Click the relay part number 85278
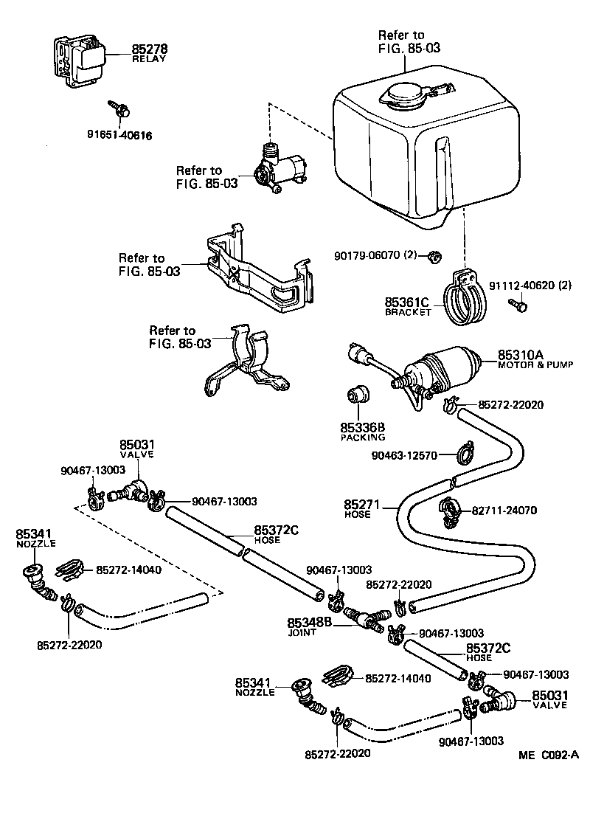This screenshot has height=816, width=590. click(x=150, y=49)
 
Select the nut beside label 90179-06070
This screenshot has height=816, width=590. click(x=435, y=257)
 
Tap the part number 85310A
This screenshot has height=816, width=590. click(x=520, y=354)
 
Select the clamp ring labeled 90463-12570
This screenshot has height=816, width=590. click(x=465, y=452)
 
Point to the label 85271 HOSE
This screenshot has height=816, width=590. click(x=362, y=509)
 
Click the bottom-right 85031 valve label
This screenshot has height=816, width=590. click(x=549, y=699)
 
